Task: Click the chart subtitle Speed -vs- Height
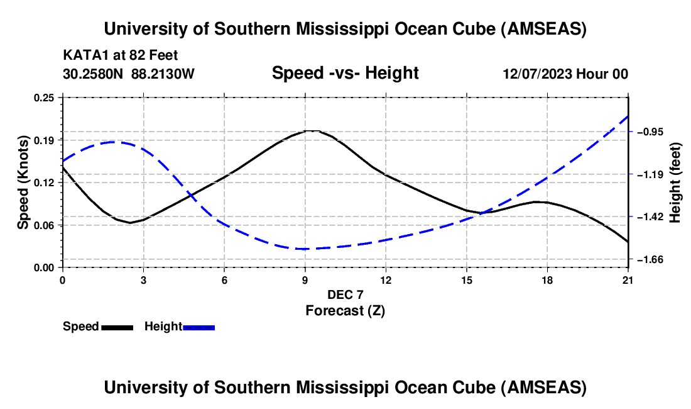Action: click(x=345, y=73)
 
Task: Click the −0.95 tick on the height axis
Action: click(x=651, y=132)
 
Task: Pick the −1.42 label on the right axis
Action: click(x=651, y=217)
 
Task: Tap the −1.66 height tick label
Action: click(x=651, y=259)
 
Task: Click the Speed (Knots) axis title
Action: click(x=23, y=182)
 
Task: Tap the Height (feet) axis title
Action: click(x=675, y=182)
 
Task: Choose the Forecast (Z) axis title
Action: click(x=345, y=310)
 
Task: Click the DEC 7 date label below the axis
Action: click(x=345, y=294)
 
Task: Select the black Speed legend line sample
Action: click(x=117, y=327)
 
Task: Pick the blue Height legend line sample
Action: click(x=199, y=327)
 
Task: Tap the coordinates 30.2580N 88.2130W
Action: click(x=129, y=74)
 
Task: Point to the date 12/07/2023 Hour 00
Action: click(x=565, y=74)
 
